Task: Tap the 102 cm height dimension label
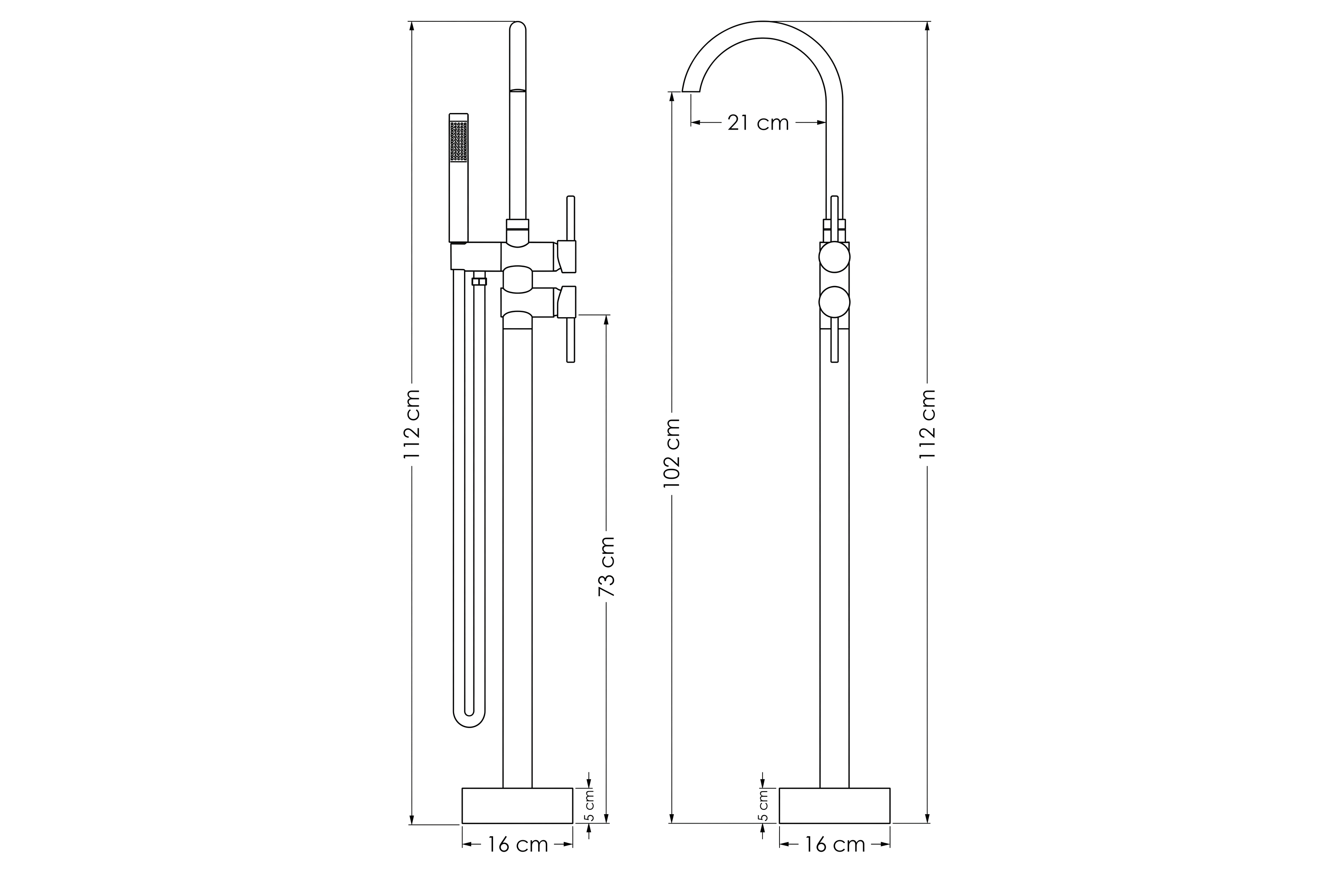(672, 453)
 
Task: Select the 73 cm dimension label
(606, 567)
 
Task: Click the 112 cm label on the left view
(412, 424)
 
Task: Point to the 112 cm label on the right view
(928, 424)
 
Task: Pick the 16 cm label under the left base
(518, 844)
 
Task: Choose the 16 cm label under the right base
(835, 844)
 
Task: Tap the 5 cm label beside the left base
(590, 805)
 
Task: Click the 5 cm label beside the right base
(763, 805)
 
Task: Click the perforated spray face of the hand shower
(459, 142)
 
